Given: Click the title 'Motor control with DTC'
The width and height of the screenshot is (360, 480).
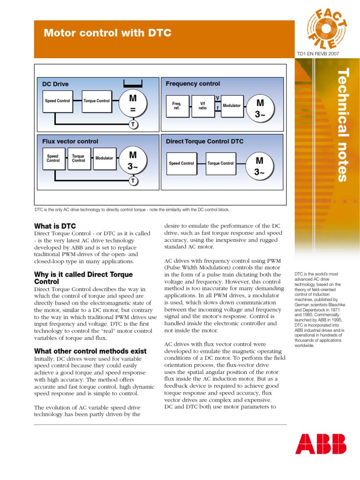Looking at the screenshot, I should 107,33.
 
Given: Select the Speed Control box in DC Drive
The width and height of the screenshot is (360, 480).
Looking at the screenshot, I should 57,101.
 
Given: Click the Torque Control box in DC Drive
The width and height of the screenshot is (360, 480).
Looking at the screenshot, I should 97,101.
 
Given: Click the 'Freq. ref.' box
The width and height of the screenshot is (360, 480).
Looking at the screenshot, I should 176,106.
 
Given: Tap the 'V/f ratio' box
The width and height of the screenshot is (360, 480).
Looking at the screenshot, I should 202,106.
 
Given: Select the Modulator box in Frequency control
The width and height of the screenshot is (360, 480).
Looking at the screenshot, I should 232,105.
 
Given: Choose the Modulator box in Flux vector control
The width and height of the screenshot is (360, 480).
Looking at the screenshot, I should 104,158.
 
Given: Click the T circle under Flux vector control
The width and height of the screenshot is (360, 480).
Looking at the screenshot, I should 133,181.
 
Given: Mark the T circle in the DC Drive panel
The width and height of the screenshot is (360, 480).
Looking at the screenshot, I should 133,124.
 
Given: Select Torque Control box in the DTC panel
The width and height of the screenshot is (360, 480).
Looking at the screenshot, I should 220,164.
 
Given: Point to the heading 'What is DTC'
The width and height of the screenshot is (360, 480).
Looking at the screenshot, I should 55,226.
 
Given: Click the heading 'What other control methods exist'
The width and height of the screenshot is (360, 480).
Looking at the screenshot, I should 90,351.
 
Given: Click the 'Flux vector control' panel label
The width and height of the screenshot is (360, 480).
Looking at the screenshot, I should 70,141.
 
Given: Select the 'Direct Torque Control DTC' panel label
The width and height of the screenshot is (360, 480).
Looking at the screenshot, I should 205,141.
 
